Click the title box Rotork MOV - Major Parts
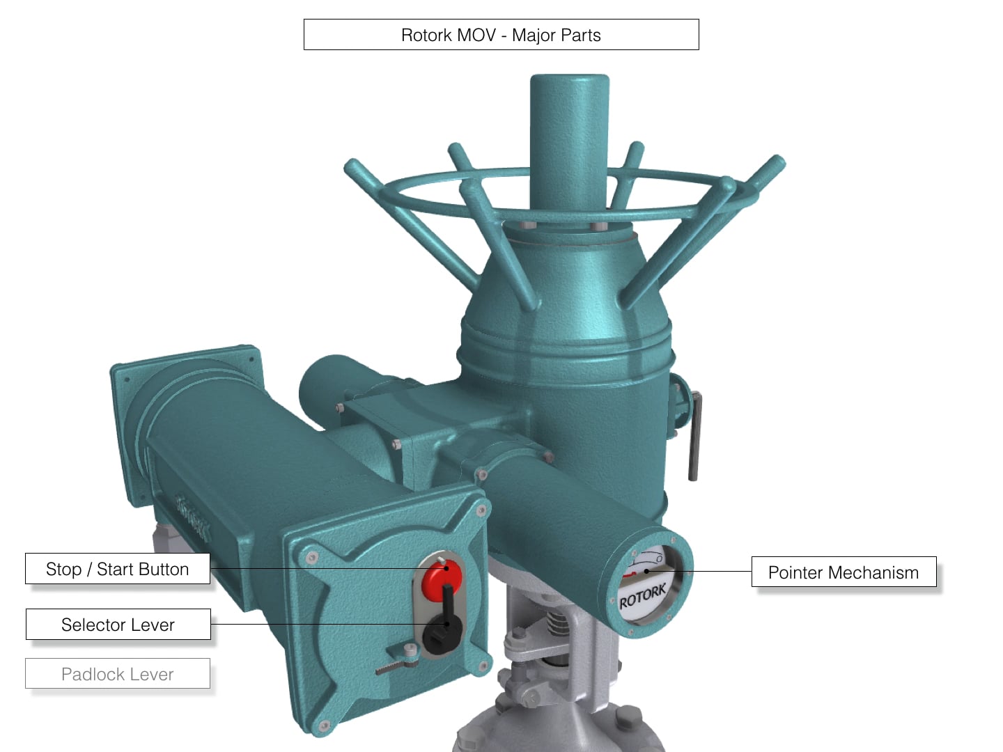click(501, 35)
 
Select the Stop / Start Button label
click(117, 569)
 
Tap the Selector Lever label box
click(118, 625)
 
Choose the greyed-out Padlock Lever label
click(117, 674)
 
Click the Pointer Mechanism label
click(843, 572)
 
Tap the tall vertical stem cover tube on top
click(569, 139)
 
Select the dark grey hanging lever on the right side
click(694, 439)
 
